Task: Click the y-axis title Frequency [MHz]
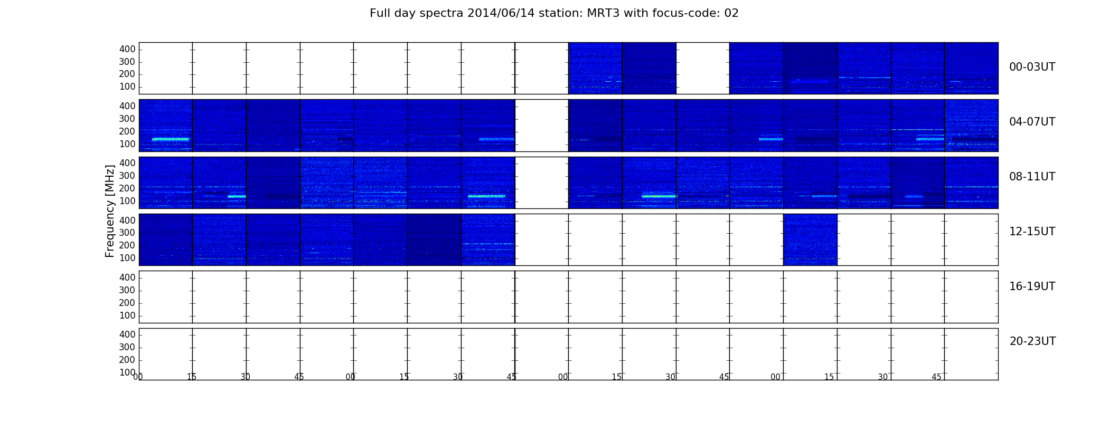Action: pos(110,211)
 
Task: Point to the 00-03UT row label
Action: pos(1032,67)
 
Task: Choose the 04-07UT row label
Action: pos(1032,122)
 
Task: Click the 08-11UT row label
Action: pos(1032,177)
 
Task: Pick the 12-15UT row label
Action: pos(1032,232)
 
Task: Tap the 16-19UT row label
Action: pos(1032,286)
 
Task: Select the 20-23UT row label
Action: pos(1032,341)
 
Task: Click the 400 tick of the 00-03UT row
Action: pos(127,49)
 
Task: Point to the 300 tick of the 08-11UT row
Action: pos(127,176)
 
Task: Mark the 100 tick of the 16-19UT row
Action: pos(127,315)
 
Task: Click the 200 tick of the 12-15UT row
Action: pos(127,245)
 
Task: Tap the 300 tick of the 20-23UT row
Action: pos(127,347)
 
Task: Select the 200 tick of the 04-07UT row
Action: pos(127,131)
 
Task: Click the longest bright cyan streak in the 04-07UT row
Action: pos(171,139)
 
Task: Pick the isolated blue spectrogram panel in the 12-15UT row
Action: pos(810,239)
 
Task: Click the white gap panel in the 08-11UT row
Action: pos(542,183)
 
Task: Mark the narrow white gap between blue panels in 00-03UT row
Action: pos(703,68)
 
